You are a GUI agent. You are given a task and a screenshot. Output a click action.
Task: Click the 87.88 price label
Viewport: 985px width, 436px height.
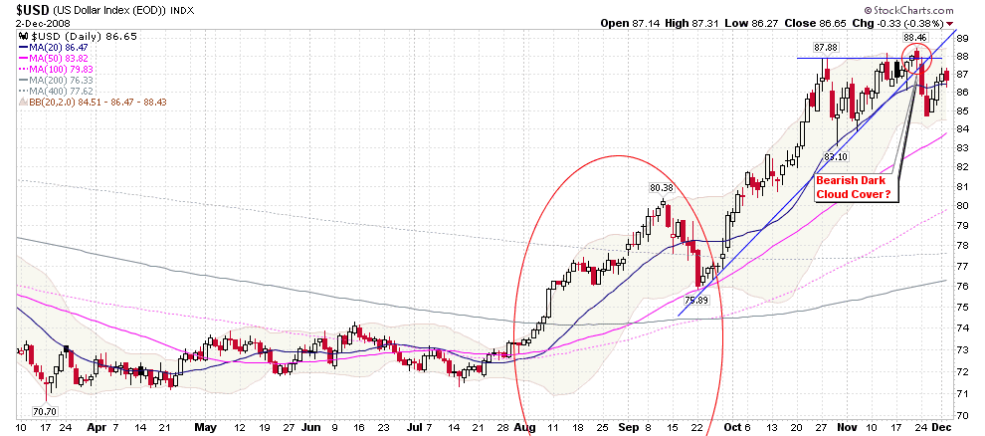click(x=825, y=47)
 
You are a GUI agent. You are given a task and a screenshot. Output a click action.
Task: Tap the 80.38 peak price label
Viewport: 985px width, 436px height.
click(x=662, y=187)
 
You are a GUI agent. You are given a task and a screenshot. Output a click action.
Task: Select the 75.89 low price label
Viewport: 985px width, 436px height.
click(x=697, y=299)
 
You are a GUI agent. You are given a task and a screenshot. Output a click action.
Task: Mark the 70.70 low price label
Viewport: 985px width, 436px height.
click(x=45, y=410)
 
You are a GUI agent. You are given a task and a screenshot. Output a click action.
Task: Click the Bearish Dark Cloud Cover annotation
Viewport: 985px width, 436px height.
click(x=855, y=188)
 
